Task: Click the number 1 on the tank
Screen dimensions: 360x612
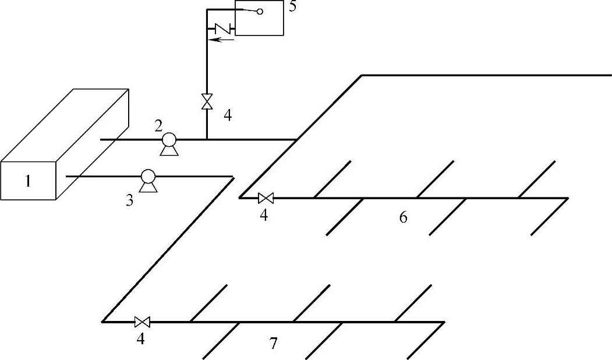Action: coord(27,181)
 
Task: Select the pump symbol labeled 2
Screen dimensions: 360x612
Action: coord(169,141)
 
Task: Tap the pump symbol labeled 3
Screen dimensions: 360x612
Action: coord(148,178)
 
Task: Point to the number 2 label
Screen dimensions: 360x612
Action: coord(158,126)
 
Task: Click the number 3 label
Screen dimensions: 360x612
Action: coord(130,200)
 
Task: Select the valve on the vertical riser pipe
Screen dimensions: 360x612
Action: coord(207,101)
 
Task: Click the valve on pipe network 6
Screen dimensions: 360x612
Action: coord(265,198)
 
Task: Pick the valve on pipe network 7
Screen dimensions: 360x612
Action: coord(142,322)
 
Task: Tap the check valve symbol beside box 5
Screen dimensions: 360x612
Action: coord(222,27)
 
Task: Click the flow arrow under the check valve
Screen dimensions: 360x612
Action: coord(222,40)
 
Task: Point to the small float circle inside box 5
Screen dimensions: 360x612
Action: coord(260,11)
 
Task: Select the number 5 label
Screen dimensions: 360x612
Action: coord(292,8)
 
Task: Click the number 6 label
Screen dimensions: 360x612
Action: coord(403,218)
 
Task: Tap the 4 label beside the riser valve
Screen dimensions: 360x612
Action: coord(228,115)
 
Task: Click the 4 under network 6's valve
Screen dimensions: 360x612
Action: coord(264,216)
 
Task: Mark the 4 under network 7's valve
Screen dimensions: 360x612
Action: coord(140,338)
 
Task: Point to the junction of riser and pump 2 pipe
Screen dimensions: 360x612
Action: coord(207,139)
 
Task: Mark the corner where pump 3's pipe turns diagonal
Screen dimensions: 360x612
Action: coord(233,177)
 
